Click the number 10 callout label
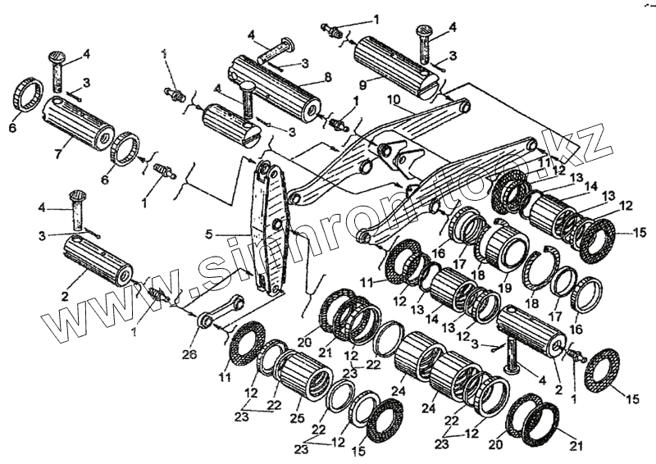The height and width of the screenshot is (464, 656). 394,99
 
